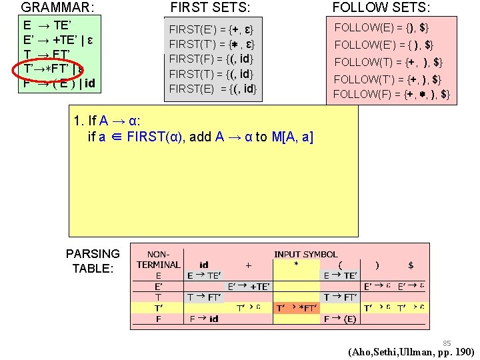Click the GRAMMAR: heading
coord(57,7)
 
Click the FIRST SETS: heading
coord(211,7)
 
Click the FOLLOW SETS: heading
coord(381,7)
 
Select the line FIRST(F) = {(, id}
coord(211,59)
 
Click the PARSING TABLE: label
coord(93,261)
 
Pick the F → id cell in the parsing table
coord(203,319)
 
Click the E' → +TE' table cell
coord(249,286)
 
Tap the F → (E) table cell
coord(340,319)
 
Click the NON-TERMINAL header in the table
coord(158,259)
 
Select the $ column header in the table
coord(410,265)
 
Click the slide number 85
coord(447,343)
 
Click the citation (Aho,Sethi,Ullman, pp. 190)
coord(411,352)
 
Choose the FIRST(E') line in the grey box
coord(211,30)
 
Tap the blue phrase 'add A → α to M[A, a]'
coord(264,137)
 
